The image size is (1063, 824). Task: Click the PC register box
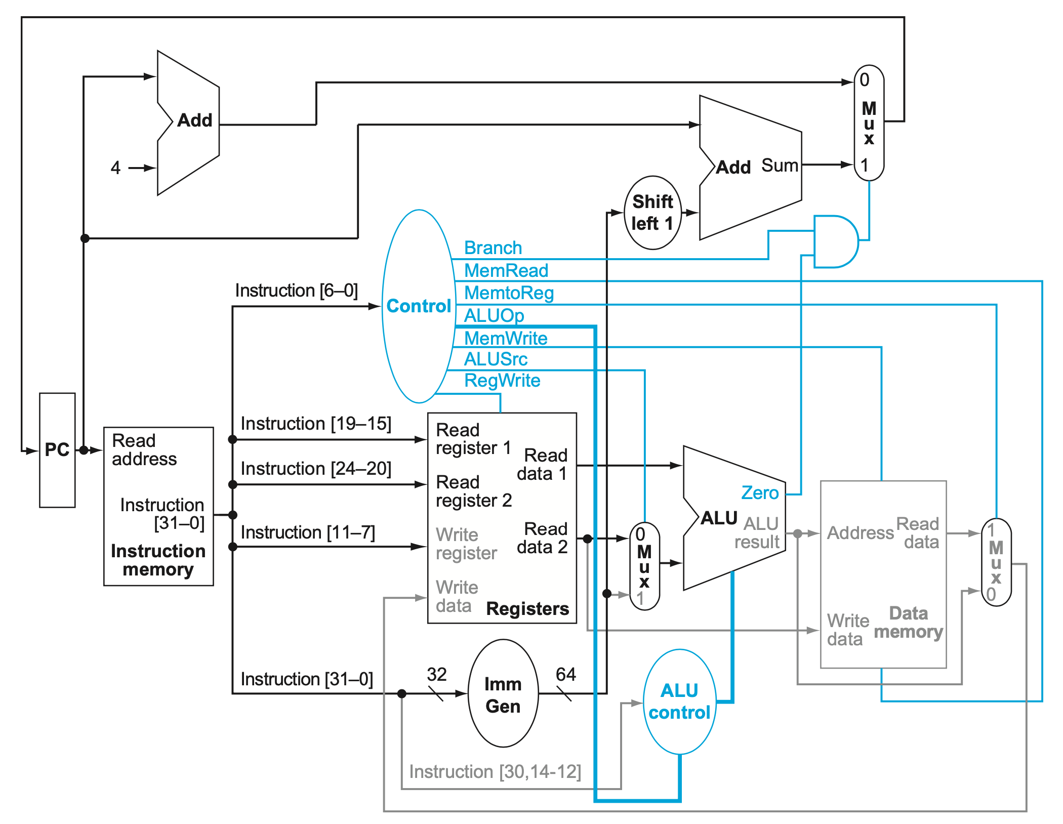click(57, 449)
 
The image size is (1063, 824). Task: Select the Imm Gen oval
click(503, 694)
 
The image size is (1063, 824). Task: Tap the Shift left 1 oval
click(652, 213)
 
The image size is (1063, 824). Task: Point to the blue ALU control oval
click(679, 702)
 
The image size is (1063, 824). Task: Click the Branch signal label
click(493, 248)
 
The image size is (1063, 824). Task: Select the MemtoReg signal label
click(509, 293)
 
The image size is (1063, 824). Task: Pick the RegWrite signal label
click(502, 380)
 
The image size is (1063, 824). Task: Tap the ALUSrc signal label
click(496, 359)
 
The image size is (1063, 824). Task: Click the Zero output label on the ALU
click(759, 492)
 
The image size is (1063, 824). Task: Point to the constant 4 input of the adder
click(116, 168)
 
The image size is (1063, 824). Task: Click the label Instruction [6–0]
click(296, 291)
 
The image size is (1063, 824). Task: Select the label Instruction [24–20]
click(316, 468)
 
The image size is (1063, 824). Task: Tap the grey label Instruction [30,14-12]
click(495, 771)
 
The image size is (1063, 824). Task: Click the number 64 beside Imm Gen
click(565, 674)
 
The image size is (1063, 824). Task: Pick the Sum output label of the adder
click(780, 166)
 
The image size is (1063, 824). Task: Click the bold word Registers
click(527, 608)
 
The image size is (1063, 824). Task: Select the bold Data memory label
click(908, 623)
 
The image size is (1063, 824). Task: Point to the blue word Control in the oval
click(418, 306)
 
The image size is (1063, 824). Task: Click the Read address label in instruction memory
click(144, 449)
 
